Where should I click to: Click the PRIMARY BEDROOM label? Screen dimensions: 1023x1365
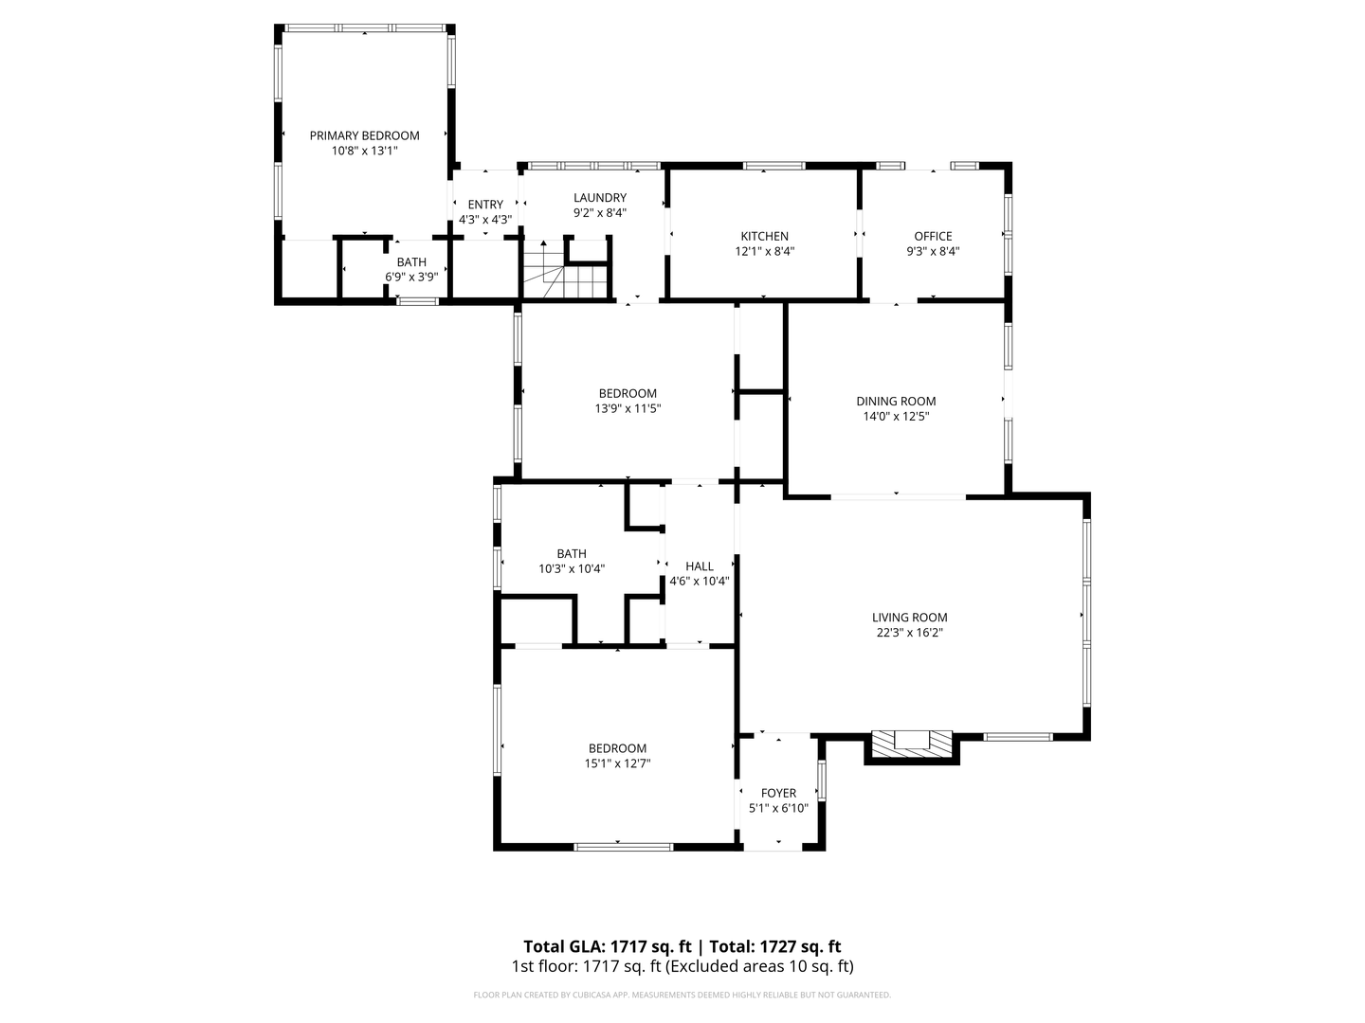coord(364,135)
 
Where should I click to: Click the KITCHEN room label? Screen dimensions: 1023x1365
coord(764,236)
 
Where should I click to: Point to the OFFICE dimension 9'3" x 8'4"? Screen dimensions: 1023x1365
coord(933,252)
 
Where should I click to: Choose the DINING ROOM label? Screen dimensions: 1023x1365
coord(896,401)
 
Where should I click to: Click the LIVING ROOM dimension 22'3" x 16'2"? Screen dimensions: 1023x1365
coord(909,633)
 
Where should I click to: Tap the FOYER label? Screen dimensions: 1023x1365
coord(778,793)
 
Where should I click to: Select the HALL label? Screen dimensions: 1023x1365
coord(699,566)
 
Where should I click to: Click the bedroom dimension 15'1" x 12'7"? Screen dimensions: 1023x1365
coord(617,763)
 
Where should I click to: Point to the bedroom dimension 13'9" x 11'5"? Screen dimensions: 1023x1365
coord(627,409)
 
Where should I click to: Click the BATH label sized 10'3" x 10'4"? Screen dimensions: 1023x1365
coord(572,553)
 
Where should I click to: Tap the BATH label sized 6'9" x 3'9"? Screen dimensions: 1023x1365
coord(411,261)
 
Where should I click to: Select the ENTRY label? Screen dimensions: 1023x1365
coord(485,204)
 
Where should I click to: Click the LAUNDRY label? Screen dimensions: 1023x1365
coord(599,197)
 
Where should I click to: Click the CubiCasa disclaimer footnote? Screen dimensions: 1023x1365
coord(682,996)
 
